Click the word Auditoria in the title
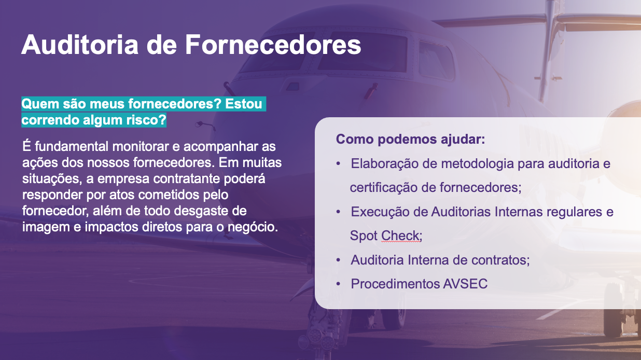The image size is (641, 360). click(80, 45)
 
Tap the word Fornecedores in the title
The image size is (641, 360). click(273, 45)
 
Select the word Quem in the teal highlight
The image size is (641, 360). click(40, 104)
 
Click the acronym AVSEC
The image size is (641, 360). click(465, 284)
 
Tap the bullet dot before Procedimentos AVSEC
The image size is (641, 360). click(338, 284)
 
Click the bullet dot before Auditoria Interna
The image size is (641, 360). click(338, 260)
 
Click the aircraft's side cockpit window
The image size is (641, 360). click(436, 60)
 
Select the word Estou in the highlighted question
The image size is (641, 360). click(244, 104)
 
